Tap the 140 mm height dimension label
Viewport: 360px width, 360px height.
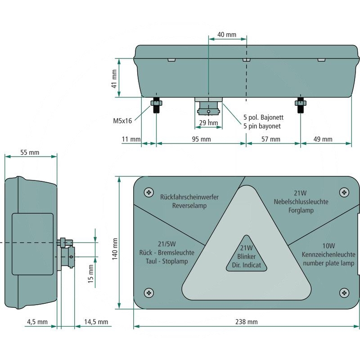click(x=115, y=249)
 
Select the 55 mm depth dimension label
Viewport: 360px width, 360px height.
click(x=30, y=153)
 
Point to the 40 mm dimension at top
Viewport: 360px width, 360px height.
click(x=227, y=35)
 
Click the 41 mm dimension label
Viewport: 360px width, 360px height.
click(x=114, y=78)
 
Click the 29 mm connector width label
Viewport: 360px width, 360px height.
click(x=208, y=123)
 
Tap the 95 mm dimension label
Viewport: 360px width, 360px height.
click(x=201, y=139)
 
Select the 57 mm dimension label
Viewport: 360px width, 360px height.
click(x=271, y=139)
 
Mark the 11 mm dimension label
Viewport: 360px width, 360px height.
click(x=131, y=139)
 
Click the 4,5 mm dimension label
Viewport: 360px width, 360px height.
click(x=37, y=322)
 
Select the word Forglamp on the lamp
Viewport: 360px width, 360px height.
click(x=301, y=210)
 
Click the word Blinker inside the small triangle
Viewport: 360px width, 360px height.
click(x=246, y=256)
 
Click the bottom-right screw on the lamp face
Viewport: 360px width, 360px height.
click(x=344, y=293)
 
